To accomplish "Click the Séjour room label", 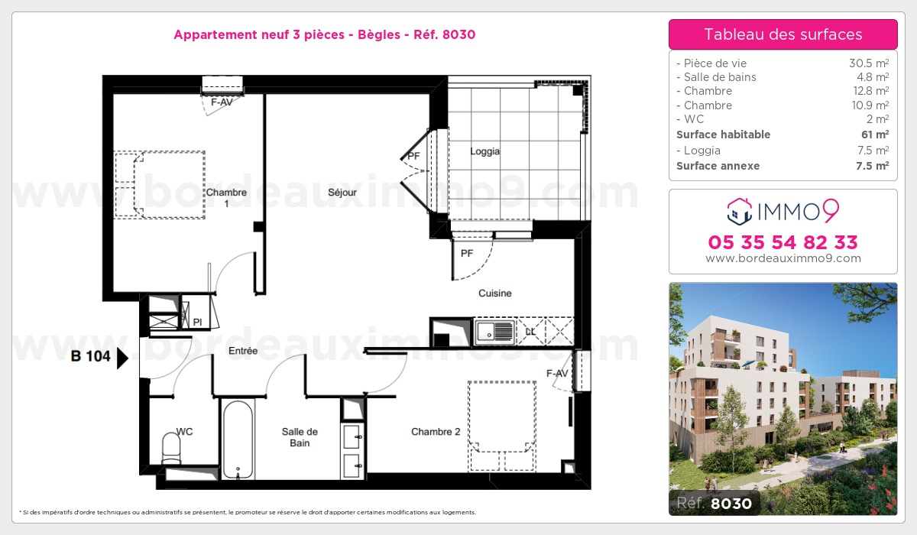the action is (342, 193).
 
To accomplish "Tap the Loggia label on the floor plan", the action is (484, 151).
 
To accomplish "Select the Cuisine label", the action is (495, 293).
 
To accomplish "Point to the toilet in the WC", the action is (171, 448).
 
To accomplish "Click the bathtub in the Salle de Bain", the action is (238, 439).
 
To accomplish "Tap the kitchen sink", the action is (494, 332).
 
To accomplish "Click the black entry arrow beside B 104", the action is (122, 358).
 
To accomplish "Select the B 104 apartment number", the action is (90, 356).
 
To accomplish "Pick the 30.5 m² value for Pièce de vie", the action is (869, 63).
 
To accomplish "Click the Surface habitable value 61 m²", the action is (875, 135).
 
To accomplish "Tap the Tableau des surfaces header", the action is (783, 34).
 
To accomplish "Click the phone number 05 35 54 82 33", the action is (783, 242).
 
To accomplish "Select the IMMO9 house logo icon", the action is (740, 212).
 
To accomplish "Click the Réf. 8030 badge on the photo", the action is (714, 503).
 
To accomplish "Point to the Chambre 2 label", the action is (436, 432).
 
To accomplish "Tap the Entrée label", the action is (243, 351).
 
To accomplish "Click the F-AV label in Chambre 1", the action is (222, 102).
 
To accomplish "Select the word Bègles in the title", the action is (379, 34).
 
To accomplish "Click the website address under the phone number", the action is (783, 258).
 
